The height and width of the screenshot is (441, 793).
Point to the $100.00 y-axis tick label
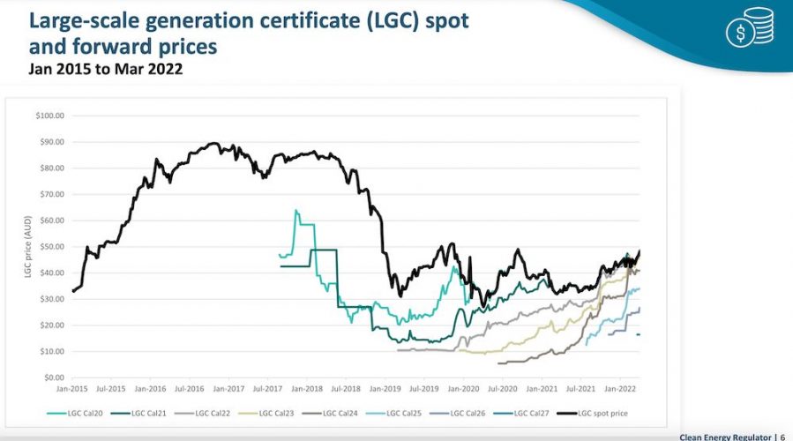pyautogui.click(x=49, y=116)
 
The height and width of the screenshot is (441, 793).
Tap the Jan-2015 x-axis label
pyautogui.click(x=72, y=388)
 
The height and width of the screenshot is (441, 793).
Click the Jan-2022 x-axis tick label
pyautogui.click(x=620, y=388)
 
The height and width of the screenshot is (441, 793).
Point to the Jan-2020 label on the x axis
pyautogui.click(x=464, y=388)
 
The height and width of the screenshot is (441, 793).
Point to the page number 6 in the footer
pyautogui.click(x=782, y=436)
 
